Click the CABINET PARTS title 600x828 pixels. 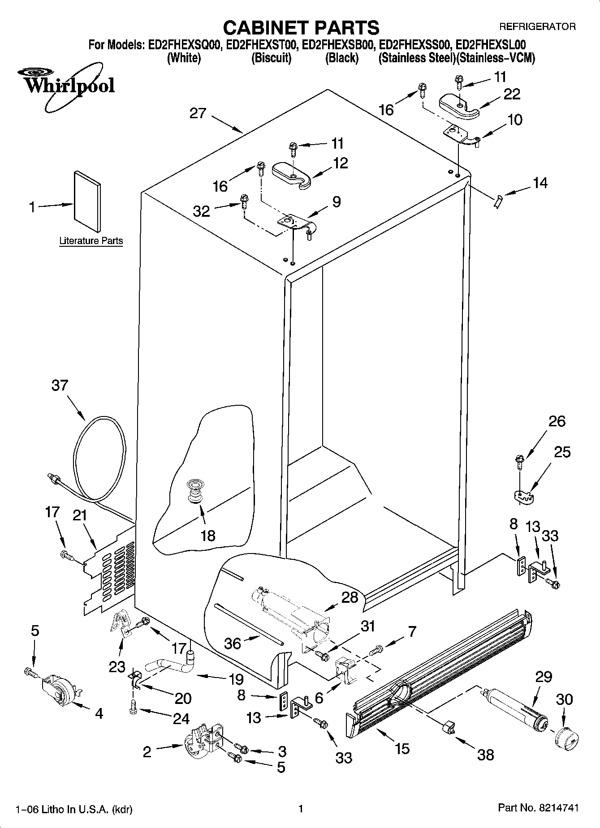click(301, 28)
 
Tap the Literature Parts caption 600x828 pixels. click(91, 241)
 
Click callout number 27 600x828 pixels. click(198, 113)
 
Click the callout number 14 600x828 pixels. click(540, 183)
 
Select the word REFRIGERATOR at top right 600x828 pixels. click(537, 27)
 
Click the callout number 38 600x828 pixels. click(485, 754)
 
